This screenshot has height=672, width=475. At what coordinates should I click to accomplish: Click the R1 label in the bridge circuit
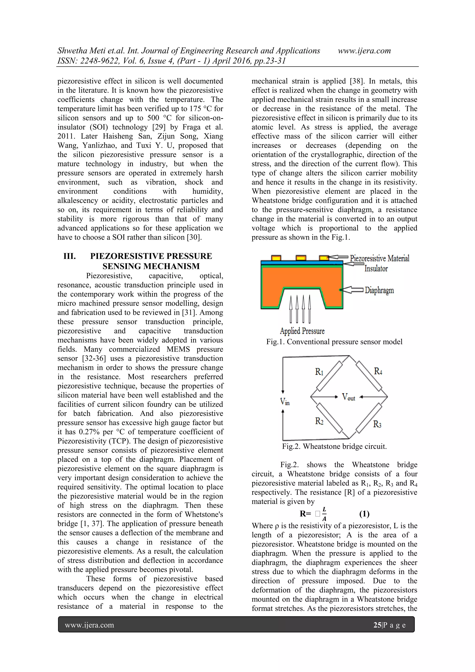point(319,372)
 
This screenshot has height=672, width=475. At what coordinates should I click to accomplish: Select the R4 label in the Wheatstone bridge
point(378,372)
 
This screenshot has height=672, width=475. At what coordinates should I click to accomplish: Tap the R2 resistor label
point(319,421)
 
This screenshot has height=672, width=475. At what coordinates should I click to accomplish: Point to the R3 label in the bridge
point(377,424)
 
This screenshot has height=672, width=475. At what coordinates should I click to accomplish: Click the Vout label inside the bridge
point(348,397)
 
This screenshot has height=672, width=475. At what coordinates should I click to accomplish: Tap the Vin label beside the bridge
point(285,401)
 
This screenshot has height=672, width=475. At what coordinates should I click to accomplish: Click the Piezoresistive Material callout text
point(379,258)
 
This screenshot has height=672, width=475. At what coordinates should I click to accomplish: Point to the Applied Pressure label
point(302,331)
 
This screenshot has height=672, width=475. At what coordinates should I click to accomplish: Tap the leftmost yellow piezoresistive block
point(276,258)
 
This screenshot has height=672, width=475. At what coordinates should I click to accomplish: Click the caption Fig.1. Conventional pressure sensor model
point(334,342)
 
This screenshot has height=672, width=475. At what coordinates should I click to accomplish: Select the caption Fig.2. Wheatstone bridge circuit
point(334,446)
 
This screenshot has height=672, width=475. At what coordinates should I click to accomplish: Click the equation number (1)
point(364,514)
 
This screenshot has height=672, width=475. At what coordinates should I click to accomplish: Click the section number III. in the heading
point(70,256)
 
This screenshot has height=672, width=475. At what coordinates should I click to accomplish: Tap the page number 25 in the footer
point(377,625)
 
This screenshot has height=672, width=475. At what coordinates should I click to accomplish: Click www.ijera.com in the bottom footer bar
point(89,625)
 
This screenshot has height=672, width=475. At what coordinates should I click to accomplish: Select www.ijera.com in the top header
point(364,51)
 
